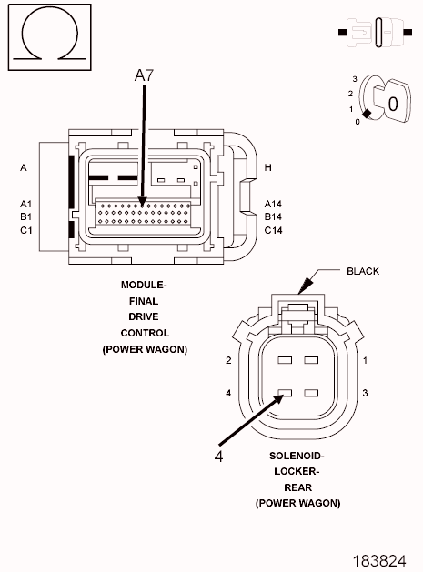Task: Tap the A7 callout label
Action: [144, 75]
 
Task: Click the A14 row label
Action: [273, 204]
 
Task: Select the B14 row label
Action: [273, 216]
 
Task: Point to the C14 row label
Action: [273, 230]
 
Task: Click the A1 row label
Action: [25, 204]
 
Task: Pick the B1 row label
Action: [25, 216]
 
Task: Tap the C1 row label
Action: [25, 230]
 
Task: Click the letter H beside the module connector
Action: [267, 167]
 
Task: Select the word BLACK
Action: [363, 271]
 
